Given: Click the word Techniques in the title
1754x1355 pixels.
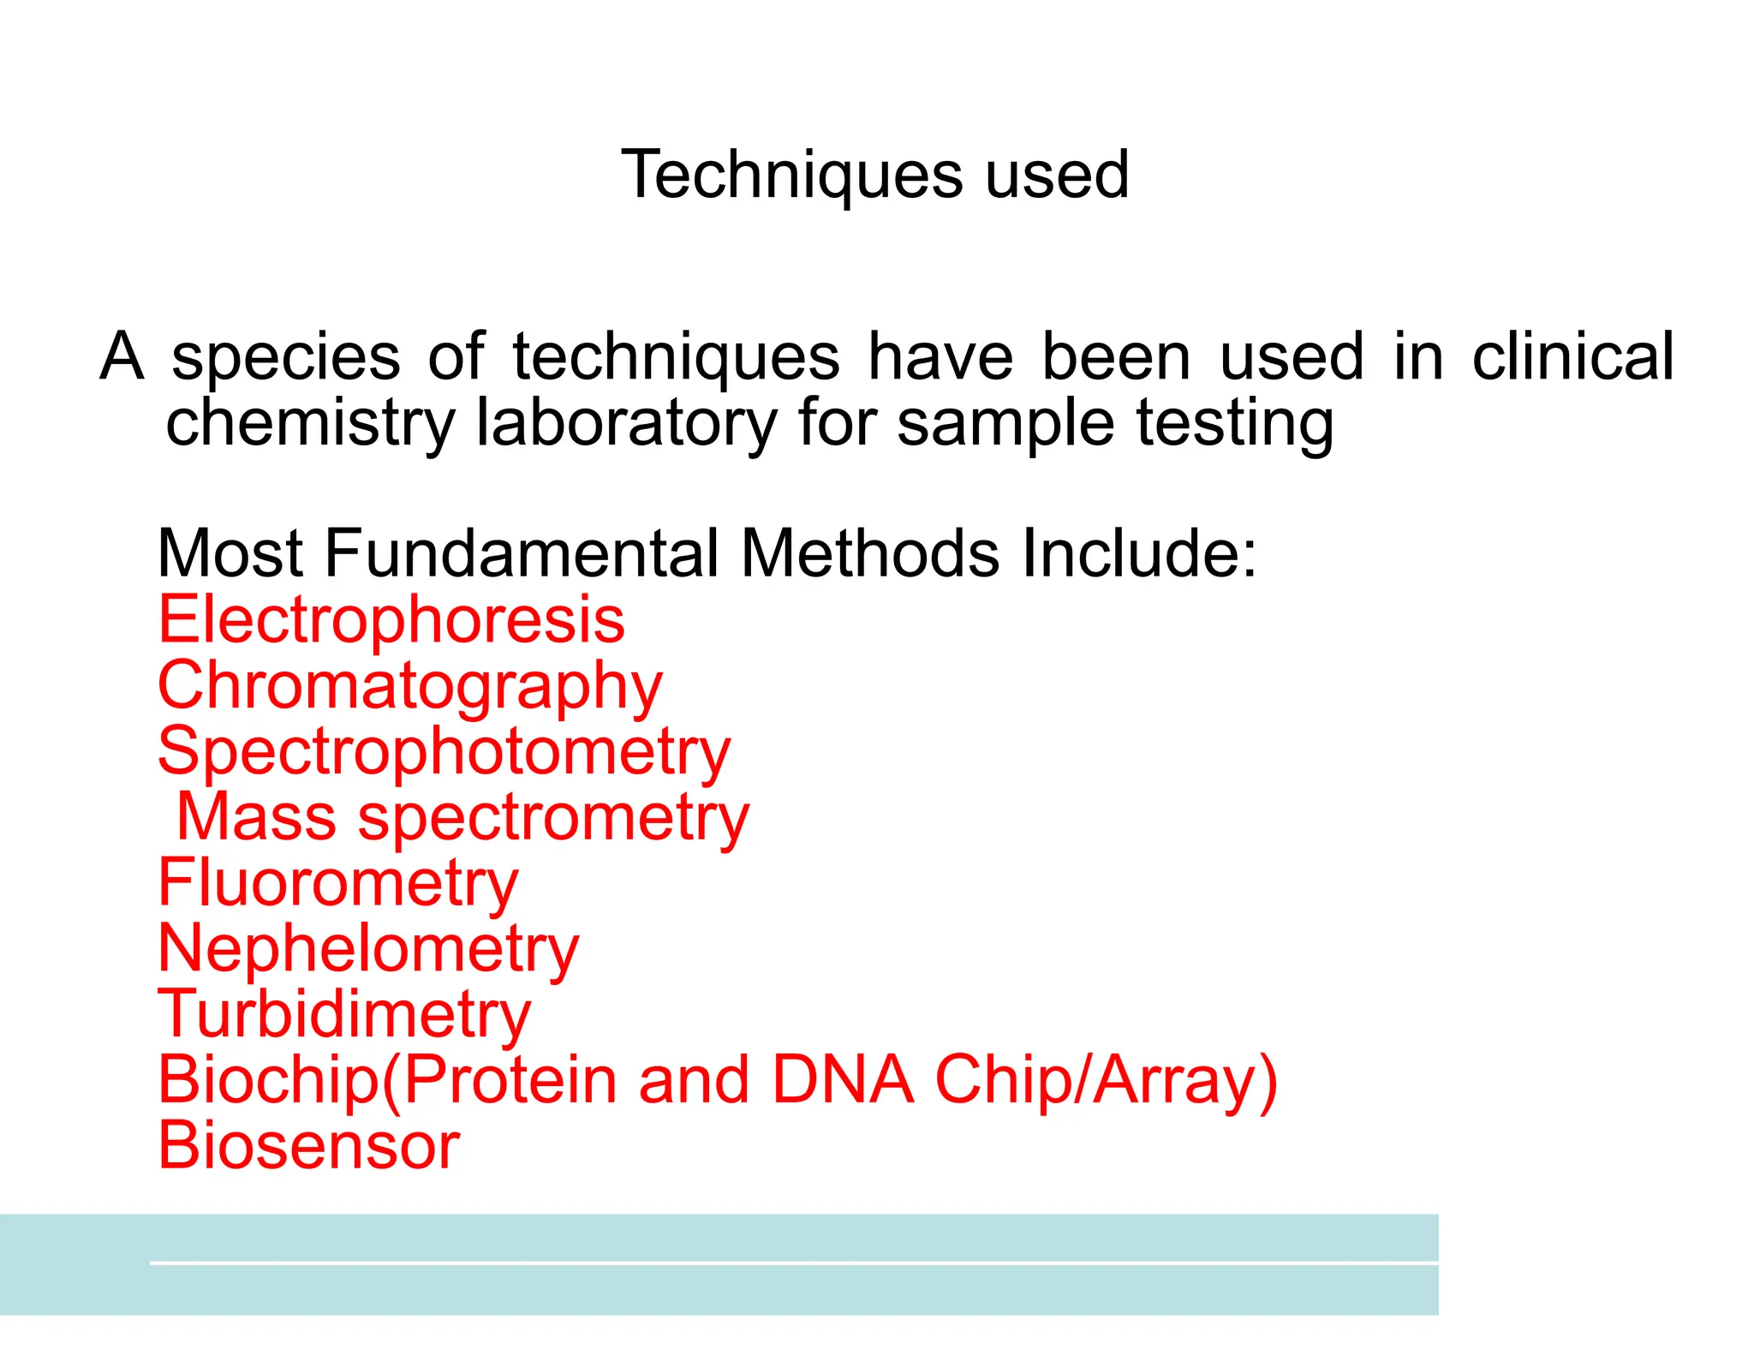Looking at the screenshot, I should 791,175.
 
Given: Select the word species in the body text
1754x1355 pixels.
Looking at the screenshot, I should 285,358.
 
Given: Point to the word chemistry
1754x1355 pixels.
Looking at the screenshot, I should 310,423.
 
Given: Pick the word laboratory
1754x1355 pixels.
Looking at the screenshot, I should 626,423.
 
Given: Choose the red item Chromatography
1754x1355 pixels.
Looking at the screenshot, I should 410,687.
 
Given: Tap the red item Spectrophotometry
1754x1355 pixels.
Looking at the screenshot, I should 444,752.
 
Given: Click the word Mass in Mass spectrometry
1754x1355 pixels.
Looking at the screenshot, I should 256,817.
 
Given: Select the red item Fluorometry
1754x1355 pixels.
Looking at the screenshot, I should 338,884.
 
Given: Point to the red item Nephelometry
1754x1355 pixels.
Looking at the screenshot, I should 368,949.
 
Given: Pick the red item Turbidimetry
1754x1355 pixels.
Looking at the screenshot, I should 344,1015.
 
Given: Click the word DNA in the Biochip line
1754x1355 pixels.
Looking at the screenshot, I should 842,1080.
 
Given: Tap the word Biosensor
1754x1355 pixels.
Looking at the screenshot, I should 309,1146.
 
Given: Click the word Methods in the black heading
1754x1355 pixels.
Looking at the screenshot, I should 869,553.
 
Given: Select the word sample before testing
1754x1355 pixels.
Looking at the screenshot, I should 1007,423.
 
